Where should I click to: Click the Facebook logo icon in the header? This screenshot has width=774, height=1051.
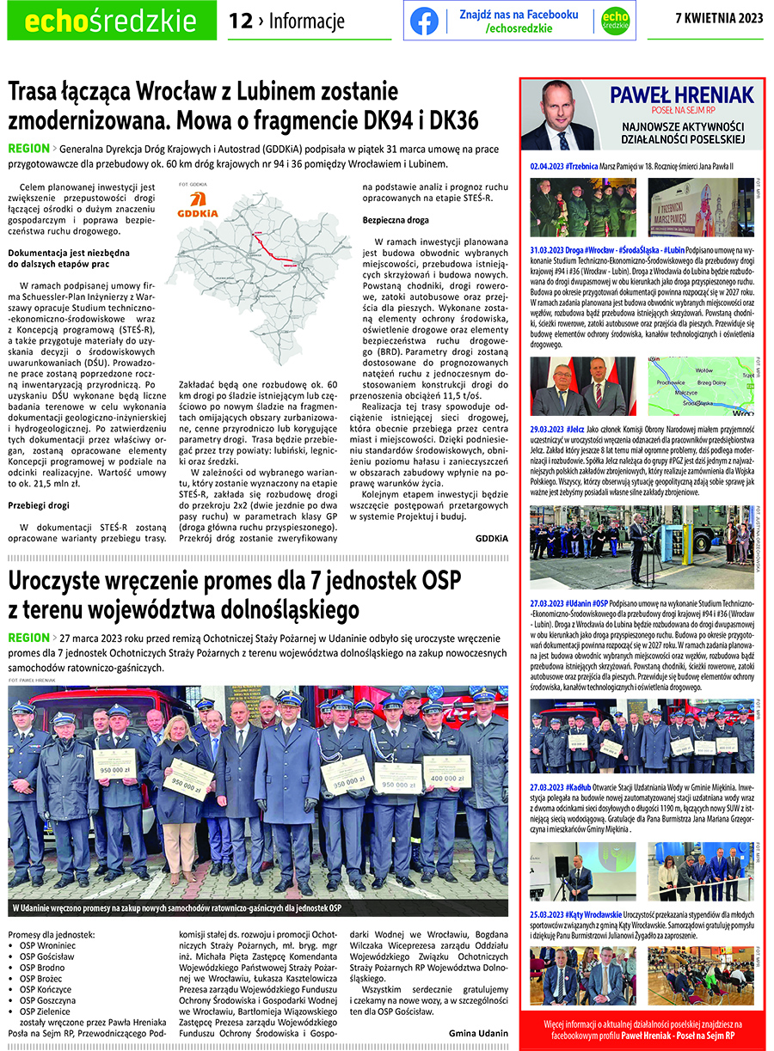[424, 21]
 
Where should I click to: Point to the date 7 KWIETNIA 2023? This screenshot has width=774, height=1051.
[719, 18]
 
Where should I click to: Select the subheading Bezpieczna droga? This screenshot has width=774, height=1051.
[395, 220]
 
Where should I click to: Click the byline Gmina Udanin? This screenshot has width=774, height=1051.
[478, 1033]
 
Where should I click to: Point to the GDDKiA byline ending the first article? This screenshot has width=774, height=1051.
[492, 538]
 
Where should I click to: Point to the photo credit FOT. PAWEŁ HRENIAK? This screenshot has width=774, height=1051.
[32, 680]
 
